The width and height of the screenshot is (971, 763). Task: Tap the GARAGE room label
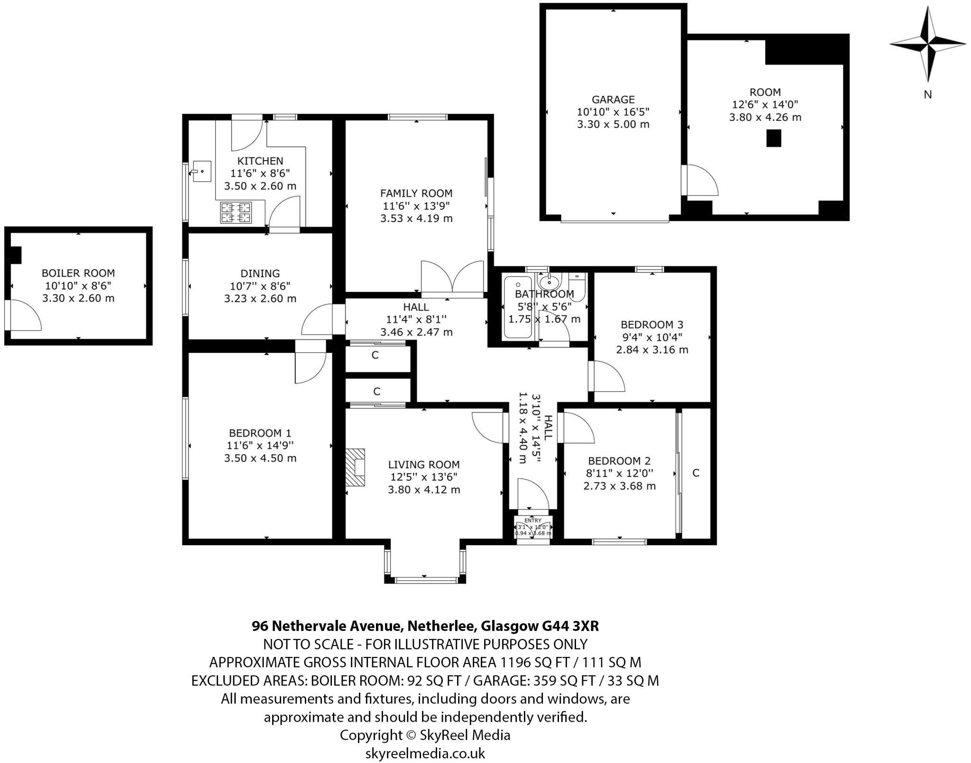(613, 99)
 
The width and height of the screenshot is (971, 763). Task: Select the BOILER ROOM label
(78, 273)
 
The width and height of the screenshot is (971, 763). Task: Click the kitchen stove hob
(236, 212)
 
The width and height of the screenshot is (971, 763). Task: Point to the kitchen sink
(202, 171)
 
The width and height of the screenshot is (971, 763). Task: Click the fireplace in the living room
(355, 467)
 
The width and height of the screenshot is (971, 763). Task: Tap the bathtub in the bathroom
(518, 307)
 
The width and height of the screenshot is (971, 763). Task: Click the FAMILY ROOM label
(416, 193)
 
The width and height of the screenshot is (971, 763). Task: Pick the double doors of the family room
(453, 278)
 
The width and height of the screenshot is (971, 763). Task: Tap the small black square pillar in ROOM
(774, 138)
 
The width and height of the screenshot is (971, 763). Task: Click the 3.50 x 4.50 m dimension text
(260, 458)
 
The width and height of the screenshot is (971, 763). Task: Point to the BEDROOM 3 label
(652, 324)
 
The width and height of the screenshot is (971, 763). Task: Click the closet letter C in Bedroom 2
(696, 473)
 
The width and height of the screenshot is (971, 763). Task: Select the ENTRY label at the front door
(533, 521)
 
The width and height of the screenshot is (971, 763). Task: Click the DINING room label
(260, 273)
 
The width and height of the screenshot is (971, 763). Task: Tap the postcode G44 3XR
(570, 626)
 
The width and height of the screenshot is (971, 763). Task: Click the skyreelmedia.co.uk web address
(425, 753)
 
